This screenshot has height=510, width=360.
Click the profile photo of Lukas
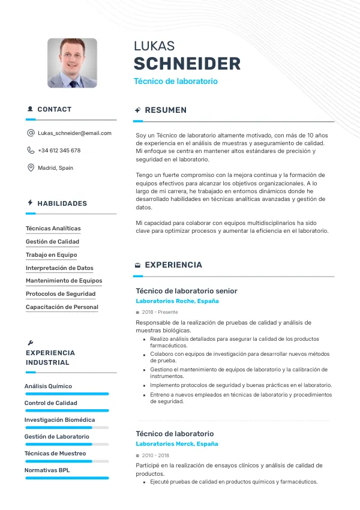point(72,63)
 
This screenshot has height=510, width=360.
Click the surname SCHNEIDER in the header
point(187,64)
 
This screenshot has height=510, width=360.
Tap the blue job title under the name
point(175,81)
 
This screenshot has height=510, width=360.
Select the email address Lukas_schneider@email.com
point(74,133)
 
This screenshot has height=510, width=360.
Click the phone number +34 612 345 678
point(59,151)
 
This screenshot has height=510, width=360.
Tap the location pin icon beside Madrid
point(31,168)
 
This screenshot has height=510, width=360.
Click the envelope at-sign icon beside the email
point(31,133)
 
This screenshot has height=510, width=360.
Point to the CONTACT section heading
point(54,109)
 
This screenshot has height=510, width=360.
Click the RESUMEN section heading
point(166,110)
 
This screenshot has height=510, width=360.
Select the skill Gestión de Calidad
point(52,242)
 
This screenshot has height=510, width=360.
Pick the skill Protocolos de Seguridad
point(61,294)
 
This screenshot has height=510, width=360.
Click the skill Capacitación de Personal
point(62,307)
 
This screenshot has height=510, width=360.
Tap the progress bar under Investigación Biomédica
point(66,428)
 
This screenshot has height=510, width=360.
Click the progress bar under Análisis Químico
point(66,394)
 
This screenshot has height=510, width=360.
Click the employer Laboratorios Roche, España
point(177,301)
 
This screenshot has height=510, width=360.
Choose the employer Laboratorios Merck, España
point(177,444)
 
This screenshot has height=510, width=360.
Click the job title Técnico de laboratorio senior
point(187,291)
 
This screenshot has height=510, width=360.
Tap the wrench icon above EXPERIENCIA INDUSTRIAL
point(31,343)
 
